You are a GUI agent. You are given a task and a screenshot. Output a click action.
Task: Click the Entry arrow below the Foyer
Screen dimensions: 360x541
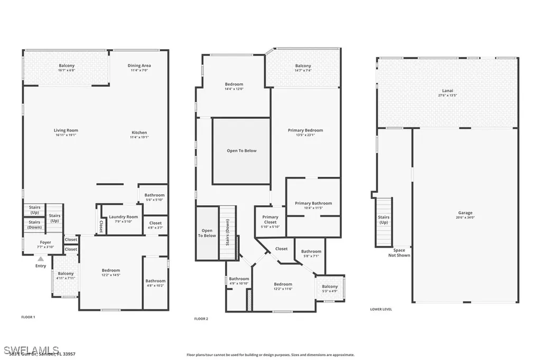click(x=41, y=259)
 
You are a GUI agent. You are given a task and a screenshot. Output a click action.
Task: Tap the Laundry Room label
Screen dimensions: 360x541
click(x=123, y=217)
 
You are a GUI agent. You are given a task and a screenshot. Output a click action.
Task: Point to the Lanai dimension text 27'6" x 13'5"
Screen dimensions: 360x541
click(x=447, y=96)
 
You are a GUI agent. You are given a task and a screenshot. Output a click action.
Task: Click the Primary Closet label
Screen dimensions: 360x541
click(x=270, y=220)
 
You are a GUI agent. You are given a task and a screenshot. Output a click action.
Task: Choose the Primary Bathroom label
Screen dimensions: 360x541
click(x=313, y=203)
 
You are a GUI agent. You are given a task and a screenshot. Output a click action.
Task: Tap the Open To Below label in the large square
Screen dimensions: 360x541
click(x=241, y=150)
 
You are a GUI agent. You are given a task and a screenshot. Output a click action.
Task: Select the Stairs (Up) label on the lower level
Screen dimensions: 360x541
click(x=384, y=220)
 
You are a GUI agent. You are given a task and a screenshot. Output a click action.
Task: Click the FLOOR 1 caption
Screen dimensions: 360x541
click(x=27, y=317)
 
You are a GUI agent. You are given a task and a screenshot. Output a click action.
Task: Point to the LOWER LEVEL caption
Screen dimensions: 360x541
click(x=381, y=309)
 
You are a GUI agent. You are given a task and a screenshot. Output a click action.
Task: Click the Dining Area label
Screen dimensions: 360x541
click(x=139, y=65)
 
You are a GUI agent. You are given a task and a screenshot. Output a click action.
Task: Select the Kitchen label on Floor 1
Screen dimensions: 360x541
click(x=139, y=132)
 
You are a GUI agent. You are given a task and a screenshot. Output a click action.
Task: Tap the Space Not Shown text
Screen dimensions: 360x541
click(x=399, y=253)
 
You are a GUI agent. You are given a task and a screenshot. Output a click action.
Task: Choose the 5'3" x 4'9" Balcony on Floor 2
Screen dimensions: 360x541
click(x=330, y=288)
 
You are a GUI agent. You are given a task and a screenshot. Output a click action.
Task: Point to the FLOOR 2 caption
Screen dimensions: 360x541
click(x=201, y=319)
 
